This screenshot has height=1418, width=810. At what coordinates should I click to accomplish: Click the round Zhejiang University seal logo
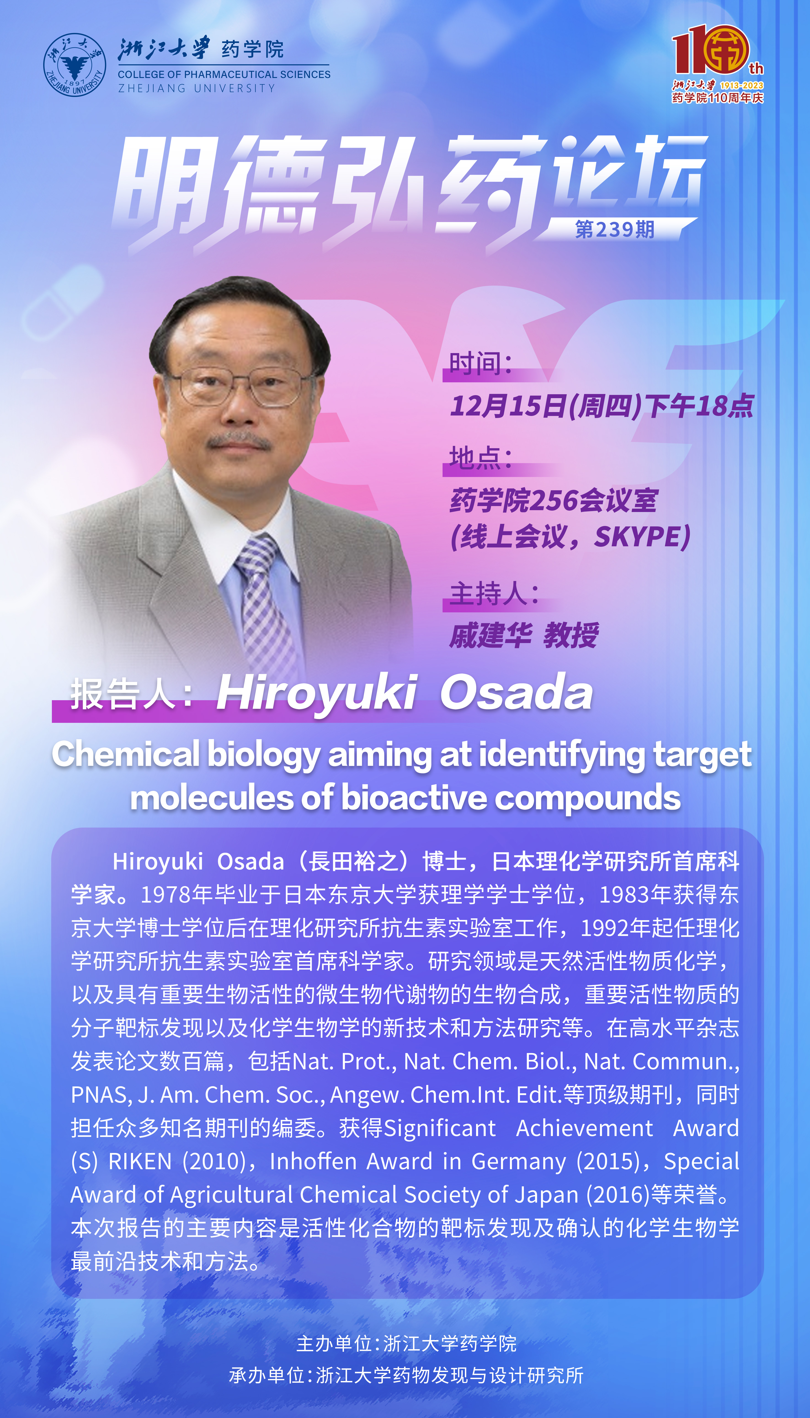[x=75, y=64]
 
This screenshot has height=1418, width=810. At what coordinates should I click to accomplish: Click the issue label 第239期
[x=615, y=229]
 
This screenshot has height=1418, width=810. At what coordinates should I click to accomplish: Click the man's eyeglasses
[x=240, y=387]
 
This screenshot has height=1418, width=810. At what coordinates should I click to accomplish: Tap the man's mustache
[x=239, y=441]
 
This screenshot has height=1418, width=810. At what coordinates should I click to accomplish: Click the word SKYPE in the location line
[x=637, y=537]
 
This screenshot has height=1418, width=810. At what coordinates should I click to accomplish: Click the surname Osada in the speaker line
[x=516, y=693]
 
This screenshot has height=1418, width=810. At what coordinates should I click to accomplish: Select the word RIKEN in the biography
[x=140, y=1161]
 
